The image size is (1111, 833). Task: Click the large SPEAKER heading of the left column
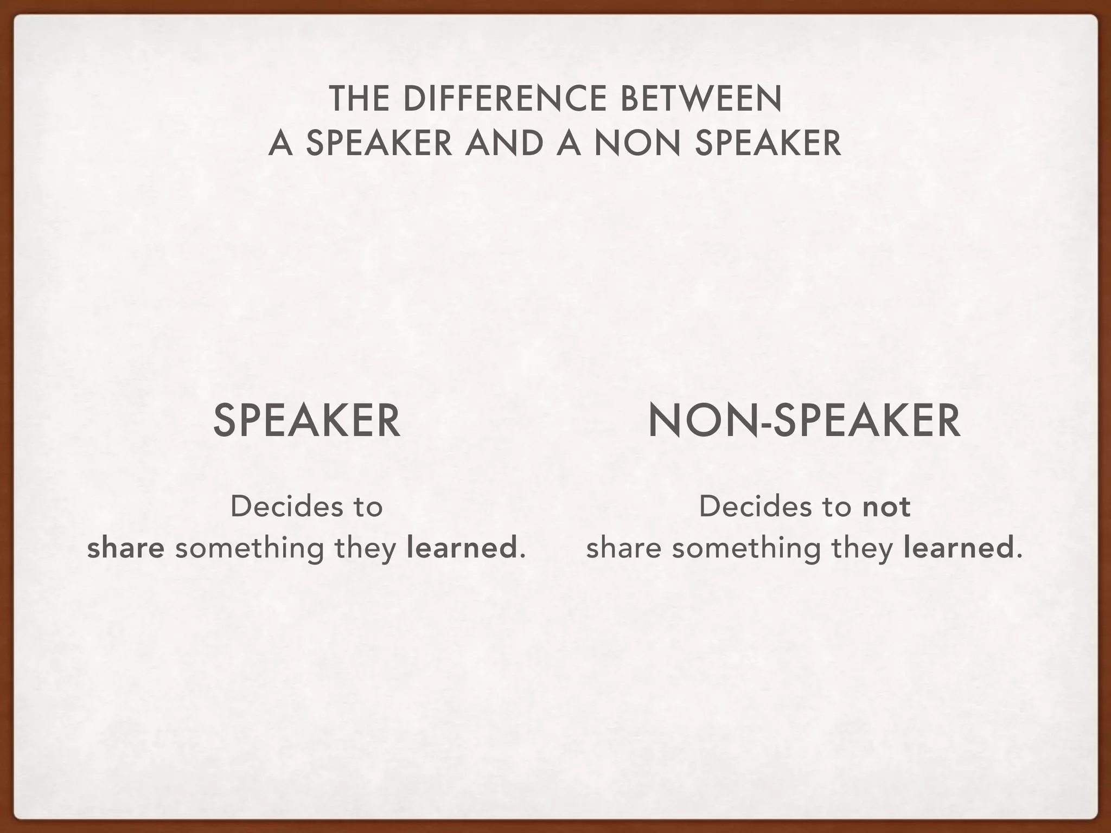coord(307,421)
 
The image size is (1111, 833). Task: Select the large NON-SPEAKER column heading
coord(804,421)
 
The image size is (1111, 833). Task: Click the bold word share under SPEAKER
coord(126,548)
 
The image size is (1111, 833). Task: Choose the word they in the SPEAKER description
coord(366,548)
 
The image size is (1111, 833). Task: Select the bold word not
coord(886,507)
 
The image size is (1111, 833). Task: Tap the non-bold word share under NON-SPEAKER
coord(624,548)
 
